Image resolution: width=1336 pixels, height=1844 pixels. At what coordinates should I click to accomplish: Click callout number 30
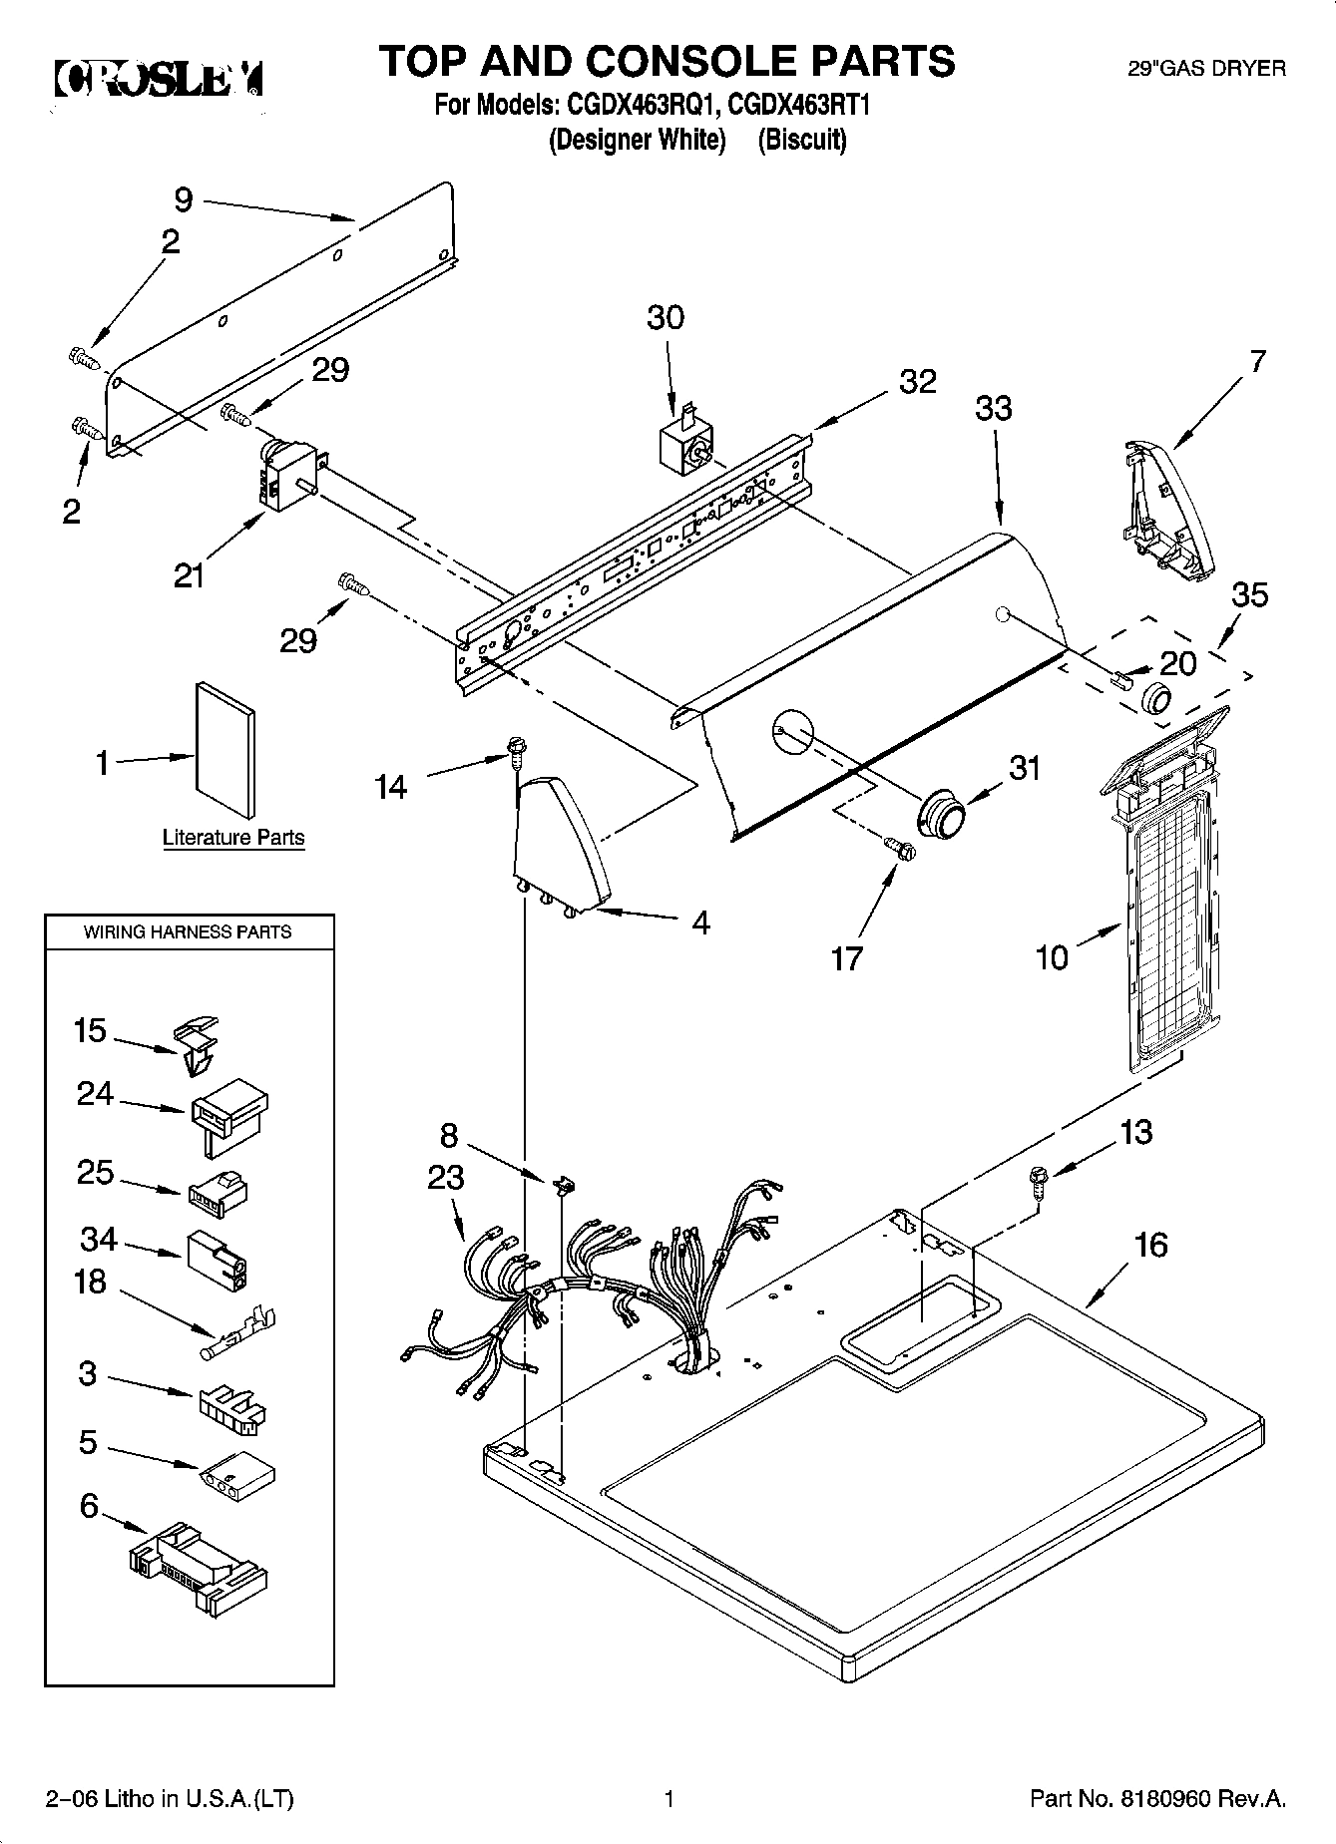pyautogui.click(x=666, y=317)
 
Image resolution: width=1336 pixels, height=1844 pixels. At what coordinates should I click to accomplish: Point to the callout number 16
pyautogui.click(x=1150, y=1245)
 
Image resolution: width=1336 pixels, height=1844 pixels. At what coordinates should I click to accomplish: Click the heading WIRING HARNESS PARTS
pyautogui.click(x=188, y=931)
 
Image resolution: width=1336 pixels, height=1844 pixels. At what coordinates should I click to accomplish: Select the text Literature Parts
pyautogui.click(x=233, y=838)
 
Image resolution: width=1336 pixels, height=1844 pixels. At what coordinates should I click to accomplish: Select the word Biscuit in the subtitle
pyautogui.click(x=801, y=140)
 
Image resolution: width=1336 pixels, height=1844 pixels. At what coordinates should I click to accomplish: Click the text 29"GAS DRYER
pyautogui.click(x=1205, y=69)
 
